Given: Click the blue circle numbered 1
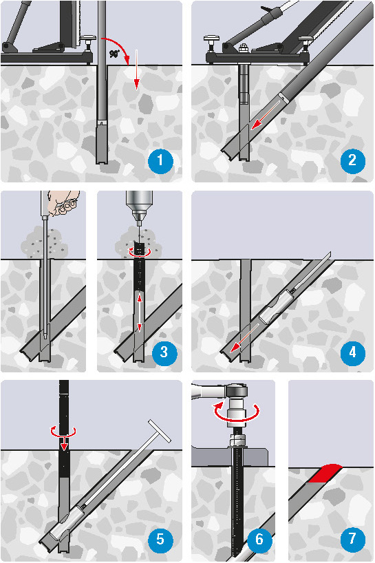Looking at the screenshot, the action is pyautogui.click(x=160, y=160).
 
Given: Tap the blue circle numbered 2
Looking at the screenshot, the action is pyautogui.click(x=352, y=160).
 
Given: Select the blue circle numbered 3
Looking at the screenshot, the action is pyautogui.click(x=164, y=352).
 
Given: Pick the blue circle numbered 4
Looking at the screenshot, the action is pyautogui.click(x=352, y=352).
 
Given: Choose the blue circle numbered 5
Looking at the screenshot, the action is pyautogui.click(x=160, y=539).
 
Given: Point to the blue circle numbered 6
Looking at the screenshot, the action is pyautogui.click(x=259, y=539).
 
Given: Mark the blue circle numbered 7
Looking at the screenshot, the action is pyautogui.click(x=352, y=539).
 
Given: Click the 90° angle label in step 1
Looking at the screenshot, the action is pyautogui.click(x=114, y=54).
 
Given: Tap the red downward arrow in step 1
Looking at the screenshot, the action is pyautogui.click(x=136, y=70).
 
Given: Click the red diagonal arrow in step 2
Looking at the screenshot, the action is pyautogui.click(x=266, y=115).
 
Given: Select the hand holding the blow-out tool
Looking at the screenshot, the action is pyautogui.click(x=64, y=203).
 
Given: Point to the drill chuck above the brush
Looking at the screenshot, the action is pyautogui.click(x=139, y=206).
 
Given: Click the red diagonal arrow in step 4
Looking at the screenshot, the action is pyautogui.click(x=245, y=338).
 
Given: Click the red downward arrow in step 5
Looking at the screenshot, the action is pyautogui.click(x=64, y=439).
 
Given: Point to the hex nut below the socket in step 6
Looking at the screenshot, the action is pyautogui.click(x=237, y=440).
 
